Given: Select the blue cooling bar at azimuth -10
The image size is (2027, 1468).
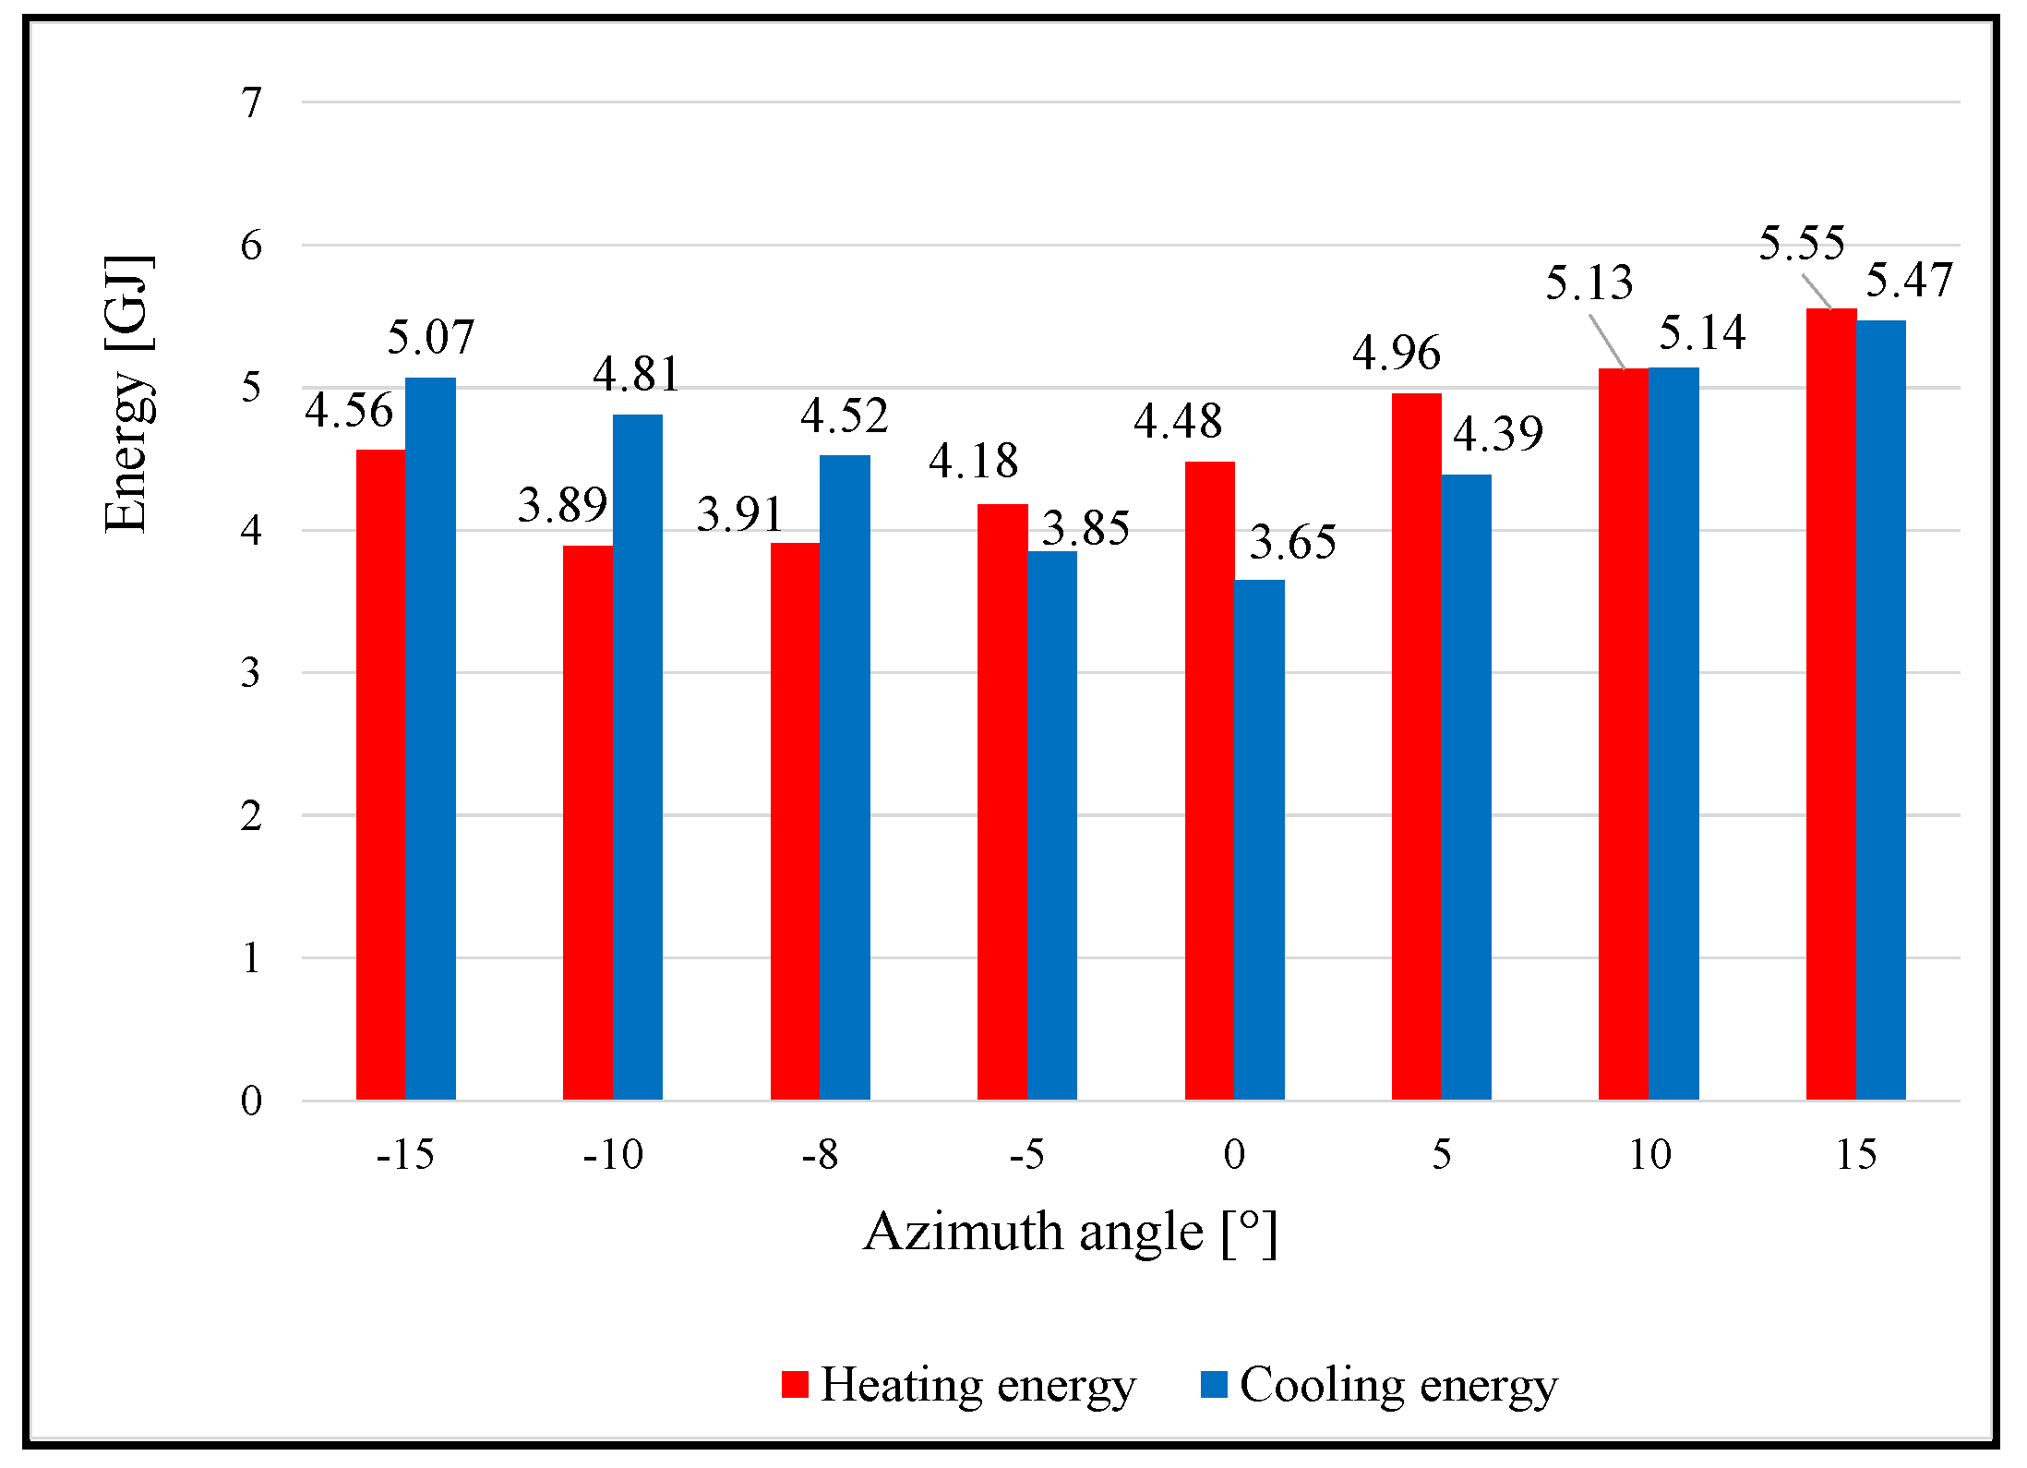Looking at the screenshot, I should (x=637, y=757).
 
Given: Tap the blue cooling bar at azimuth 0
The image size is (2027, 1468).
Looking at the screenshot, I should (x=1259, y=839).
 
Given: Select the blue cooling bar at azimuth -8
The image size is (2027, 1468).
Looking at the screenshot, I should (x=845, y=776).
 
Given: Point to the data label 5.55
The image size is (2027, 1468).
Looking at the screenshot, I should (x=1801, y=244).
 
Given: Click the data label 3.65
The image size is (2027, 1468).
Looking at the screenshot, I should (x=1292, y=542).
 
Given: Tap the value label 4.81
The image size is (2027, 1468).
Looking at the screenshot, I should (x=636, y=375).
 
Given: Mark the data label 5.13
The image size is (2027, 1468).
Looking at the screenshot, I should (x=1589, y=283).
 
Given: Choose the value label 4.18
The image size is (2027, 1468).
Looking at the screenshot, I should (x=973, y=461).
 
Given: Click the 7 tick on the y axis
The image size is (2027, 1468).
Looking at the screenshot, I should (x=251, y=102).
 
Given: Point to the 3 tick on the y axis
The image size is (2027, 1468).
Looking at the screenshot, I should (x=251, y=673).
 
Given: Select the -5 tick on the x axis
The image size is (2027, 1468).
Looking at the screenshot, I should (x=1026, y=1155).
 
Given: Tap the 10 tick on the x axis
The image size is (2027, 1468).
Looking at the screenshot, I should (x=1649, y=1155).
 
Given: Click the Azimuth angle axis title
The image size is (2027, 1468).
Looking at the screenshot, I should (x=1070, y=1233).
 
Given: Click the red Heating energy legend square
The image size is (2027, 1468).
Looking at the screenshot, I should (x=795, y=1385).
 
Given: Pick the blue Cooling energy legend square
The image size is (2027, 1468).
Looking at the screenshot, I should (x=1213, y=1385).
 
